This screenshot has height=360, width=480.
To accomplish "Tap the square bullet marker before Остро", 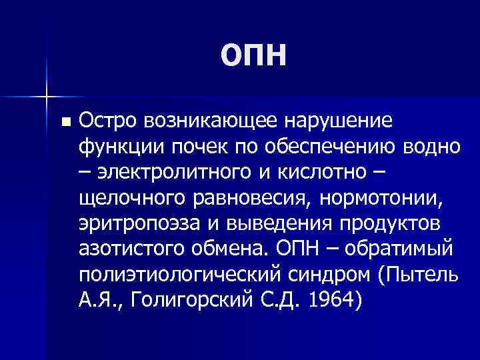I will pos(64,123).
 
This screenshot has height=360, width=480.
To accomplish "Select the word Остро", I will pos(107,121).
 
